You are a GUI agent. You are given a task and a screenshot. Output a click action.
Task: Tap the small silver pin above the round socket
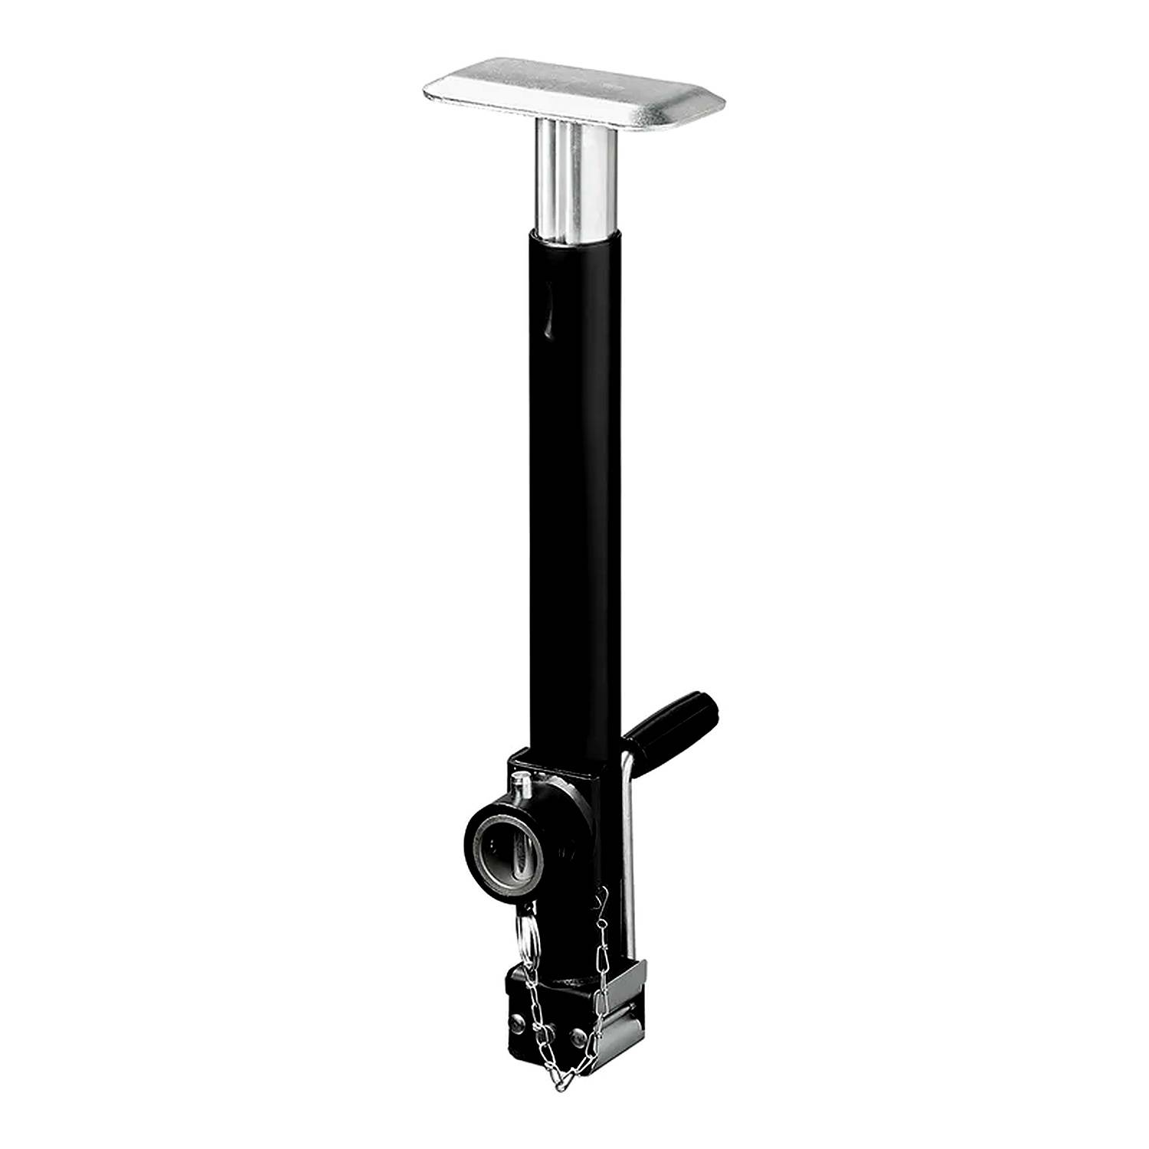522,785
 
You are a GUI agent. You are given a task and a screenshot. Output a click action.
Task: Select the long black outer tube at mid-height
574,498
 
